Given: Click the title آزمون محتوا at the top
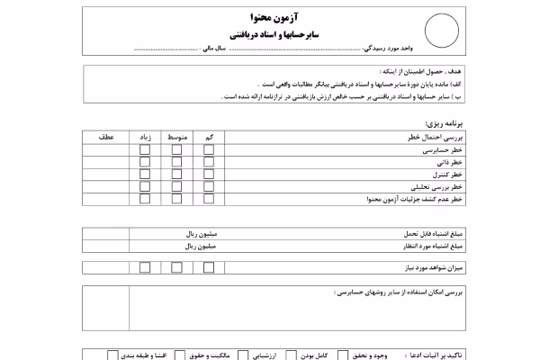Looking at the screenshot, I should coord(270,18).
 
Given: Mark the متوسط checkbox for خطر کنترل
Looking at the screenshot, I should coord(176,175).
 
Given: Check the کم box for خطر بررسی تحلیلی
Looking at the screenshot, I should coord(208,187).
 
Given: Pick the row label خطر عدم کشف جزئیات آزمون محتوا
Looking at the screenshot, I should coord(417,200).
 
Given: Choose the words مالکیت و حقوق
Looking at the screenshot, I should coord(211,355).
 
